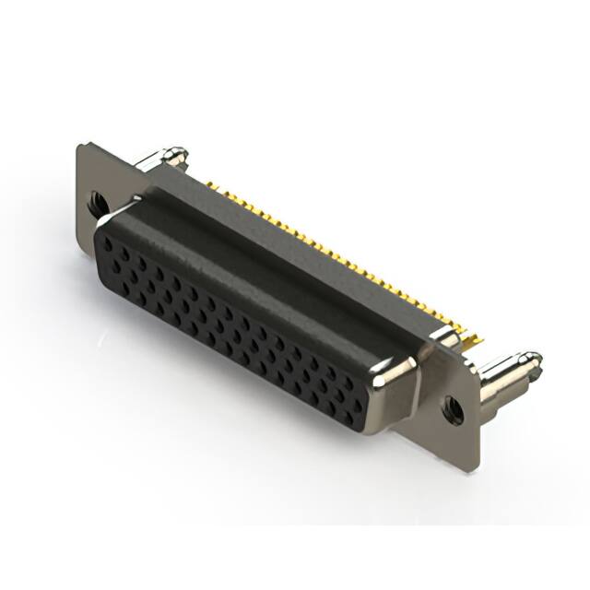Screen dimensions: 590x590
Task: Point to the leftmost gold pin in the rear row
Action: click(x=211, y=184)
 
